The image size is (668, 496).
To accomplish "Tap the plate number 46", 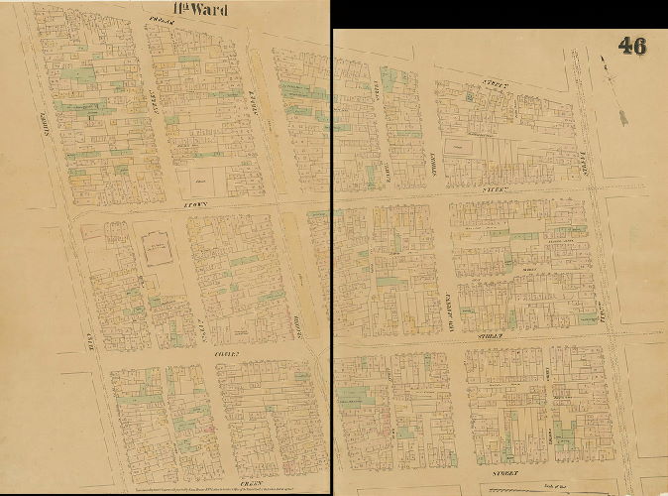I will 634,46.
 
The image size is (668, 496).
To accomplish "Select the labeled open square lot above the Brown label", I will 201,182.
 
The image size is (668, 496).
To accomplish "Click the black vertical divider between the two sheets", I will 331,248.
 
